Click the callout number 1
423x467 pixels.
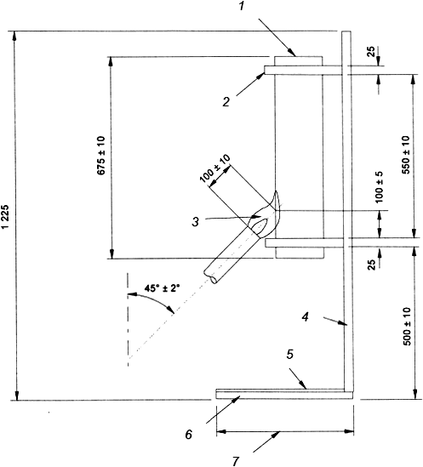click(x=241, y=6)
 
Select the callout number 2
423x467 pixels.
click(x=226, y=102)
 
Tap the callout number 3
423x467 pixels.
click(x=195, y=222)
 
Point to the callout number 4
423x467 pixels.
click(x=305, y=317)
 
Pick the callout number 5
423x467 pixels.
click(x=290, y=355)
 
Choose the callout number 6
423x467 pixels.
click(x=189, y=435)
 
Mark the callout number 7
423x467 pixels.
click(x=236, y=461)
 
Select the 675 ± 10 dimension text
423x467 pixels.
click(x=101, y=155)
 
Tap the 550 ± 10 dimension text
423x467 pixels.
click(x=406, y=155)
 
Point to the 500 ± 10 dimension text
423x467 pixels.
click(x=407, y=327)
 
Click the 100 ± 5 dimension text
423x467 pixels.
click(x=379, y=187)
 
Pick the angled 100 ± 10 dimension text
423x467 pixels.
click(x=214, y=168)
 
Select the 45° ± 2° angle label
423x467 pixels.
click(x=163, y=288)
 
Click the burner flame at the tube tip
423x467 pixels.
click(x=266, y=217)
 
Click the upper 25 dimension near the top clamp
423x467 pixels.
click(x=371, y=52)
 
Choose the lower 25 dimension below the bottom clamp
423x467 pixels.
click(x=371, y=265)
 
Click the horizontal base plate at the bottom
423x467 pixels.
click(x=284, y=396)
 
